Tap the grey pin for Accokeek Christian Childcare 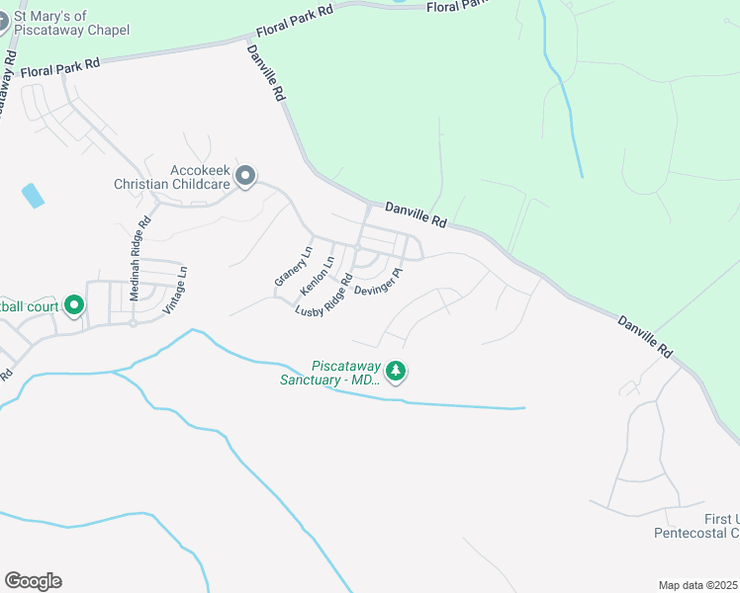(x=246, y=176)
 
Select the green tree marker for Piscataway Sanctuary (x=396, y=372)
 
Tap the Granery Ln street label (x=294, y=267)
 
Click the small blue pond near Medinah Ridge (x=33, y=195)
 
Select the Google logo (x=33, y=581)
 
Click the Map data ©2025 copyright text (x=698, y=585)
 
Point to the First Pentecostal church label (x=696, y=526)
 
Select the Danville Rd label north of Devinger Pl (x=416, y=212)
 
